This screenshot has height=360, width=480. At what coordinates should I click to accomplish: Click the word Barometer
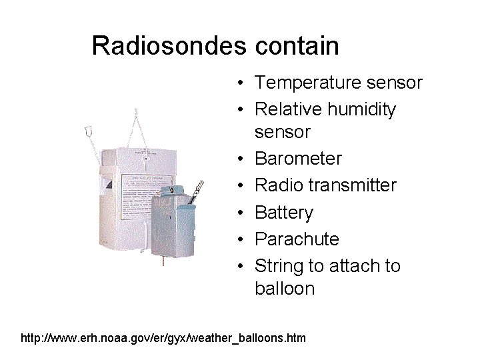[x=298, y=159]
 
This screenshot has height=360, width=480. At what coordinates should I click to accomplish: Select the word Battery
[x=284, y=213]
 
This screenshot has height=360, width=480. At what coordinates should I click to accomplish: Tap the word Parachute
[x=297, y=239]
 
